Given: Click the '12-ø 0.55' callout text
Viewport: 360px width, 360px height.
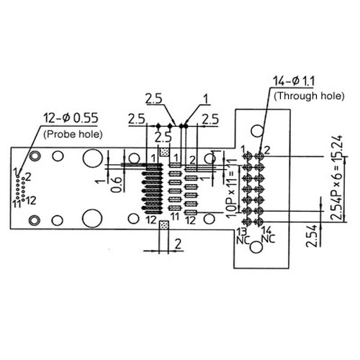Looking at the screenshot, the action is (71, 118).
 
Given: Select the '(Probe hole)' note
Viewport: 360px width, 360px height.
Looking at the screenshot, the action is (73, 134).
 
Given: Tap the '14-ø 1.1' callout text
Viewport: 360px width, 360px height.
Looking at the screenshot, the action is (294, 81).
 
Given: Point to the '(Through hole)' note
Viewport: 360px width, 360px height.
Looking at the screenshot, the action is (310, 96).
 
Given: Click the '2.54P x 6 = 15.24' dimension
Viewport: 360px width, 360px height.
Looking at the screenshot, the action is (337, 178).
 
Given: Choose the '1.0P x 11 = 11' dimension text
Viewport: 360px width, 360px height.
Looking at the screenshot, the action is (230, 189).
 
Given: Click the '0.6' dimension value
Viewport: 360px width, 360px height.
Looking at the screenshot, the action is (117, 184).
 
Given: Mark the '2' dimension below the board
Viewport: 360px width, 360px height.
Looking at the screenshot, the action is (178, 244).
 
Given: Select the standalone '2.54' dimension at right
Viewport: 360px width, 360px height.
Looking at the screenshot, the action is (312, 236).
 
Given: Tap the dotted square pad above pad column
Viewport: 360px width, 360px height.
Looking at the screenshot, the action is (164, 152).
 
